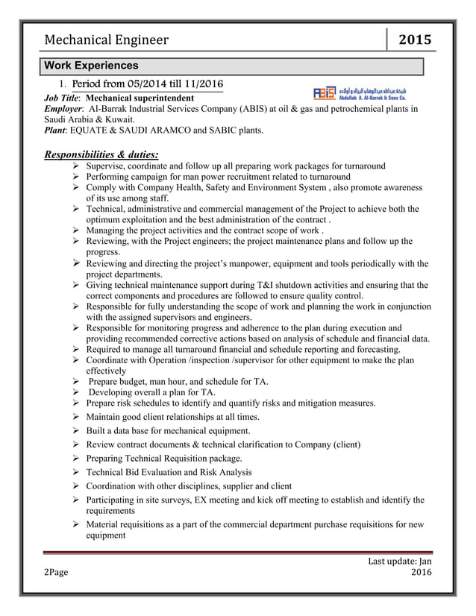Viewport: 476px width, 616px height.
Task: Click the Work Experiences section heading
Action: click(91, 66)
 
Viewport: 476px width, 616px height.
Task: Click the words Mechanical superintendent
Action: click(142, 97)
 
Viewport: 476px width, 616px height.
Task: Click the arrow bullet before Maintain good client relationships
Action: click(76, 417)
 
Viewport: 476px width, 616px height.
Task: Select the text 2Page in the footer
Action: click(54, 572)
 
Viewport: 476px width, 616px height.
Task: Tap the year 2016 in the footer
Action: click(421, 572)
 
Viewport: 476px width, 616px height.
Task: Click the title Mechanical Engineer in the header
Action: click(106, 40)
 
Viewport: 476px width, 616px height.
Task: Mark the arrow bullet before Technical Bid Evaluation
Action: click(76, 473)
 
